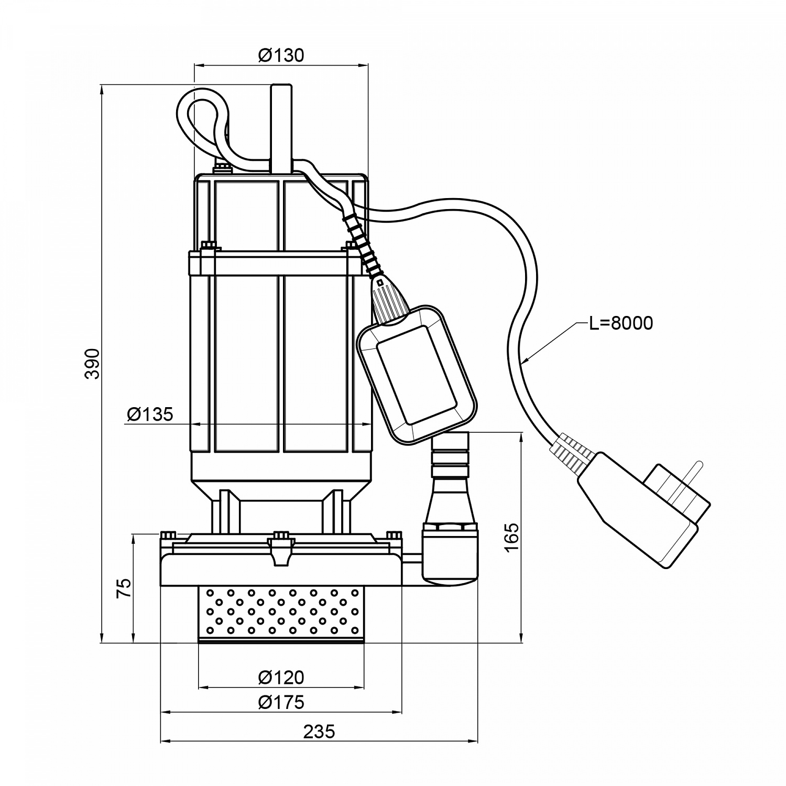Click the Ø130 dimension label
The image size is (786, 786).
281,55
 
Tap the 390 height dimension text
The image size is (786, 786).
93,363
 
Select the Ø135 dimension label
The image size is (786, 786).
150,414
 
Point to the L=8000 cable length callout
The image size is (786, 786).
621,323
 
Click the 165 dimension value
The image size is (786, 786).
512,537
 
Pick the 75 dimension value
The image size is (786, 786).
124,588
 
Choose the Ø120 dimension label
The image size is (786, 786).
281,677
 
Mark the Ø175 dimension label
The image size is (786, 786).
281,702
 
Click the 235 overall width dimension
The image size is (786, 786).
319,732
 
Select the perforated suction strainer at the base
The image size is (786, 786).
281,614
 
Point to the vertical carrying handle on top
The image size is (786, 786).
281,128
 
